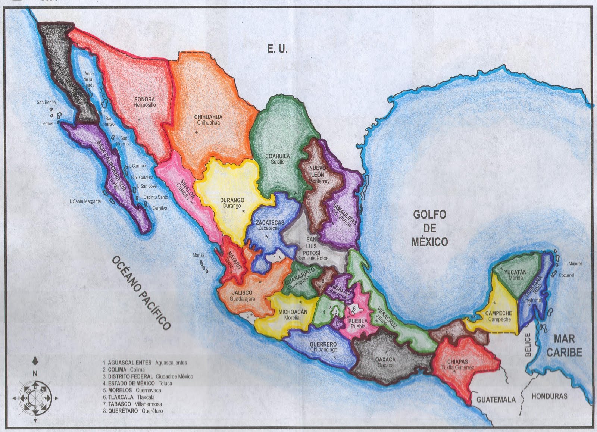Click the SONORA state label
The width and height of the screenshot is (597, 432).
pos(144,100)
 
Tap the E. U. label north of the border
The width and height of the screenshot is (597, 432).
pos(277,49)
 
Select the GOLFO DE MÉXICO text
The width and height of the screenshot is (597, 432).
pos(429,228)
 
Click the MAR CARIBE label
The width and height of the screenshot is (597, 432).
pos(564,345)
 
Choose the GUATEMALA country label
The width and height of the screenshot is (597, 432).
pos(496,400)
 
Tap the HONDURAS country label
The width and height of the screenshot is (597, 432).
pos(549,396)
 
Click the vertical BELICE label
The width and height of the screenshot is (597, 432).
pos(528,345)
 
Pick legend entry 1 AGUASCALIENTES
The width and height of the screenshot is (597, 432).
pos(145,362)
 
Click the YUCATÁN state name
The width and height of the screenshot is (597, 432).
pos(515,272)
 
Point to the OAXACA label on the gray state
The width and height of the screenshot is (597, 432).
pos(385,360)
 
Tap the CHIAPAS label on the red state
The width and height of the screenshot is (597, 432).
pos(457,362)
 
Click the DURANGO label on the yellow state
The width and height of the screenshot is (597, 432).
pos(232,200)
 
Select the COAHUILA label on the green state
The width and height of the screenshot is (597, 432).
pos(278,156)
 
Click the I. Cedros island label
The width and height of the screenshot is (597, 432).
pos(45,123)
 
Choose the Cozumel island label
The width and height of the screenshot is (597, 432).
pos(566,275)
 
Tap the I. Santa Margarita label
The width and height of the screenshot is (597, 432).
pos(85,201)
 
